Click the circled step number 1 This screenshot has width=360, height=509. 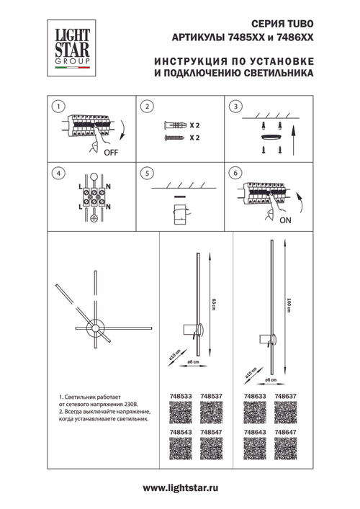pos(56,108)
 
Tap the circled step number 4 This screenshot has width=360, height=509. pos(56,174)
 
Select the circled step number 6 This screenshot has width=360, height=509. pos(234,174)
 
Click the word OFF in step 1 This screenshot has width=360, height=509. pos(112,153)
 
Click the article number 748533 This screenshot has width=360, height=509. pos(180,396)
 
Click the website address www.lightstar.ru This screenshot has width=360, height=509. pos(180,488)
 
